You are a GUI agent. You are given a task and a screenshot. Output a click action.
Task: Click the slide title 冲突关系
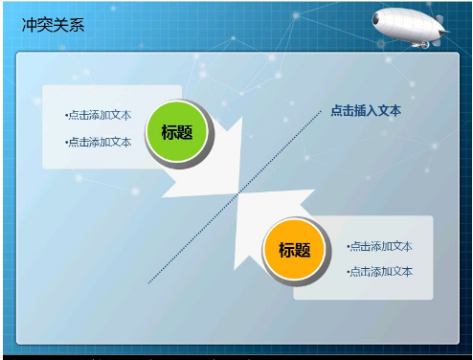(x=53, y=25)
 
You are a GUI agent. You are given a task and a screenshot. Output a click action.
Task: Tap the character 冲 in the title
(x=30, y=25)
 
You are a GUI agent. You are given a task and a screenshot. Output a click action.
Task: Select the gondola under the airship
(x=418, y=43)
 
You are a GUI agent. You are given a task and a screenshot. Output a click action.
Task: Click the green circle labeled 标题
(x=177, y=132)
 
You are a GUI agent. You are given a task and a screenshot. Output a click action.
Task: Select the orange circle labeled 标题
(x=295, y=250)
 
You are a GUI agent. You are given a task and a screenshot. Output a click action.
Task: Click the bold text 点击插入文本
(x=366, y=111)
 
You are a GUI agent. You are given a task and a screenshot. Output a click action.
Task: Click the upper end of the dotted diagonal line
(x=321, y=111)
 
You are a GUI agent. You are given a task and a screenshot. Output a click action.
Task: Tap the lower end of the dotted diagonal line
(x=149, y=282)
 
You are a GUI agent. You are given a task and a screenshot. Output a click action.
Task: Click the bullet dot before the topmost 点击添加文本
(x=66, y=116)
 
